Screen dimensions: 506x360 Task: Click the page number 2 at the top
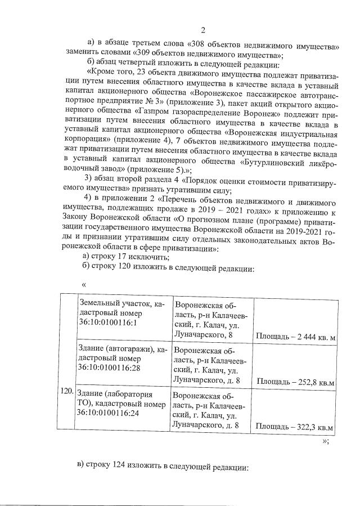[202, 30]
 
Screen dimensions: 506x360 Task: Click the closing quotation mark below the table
[326, 441]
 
